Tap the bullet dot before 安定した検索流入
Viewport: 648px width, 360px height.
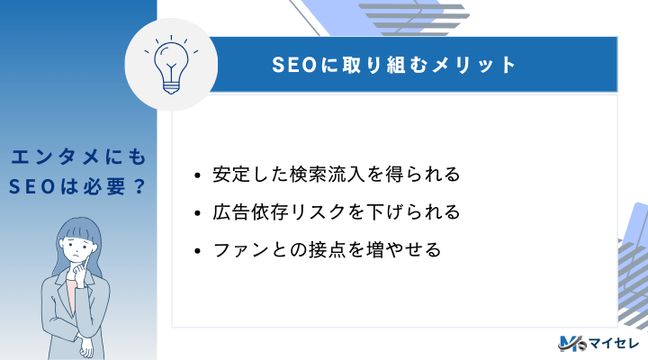pyautogui.click(x=197, y=175)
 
